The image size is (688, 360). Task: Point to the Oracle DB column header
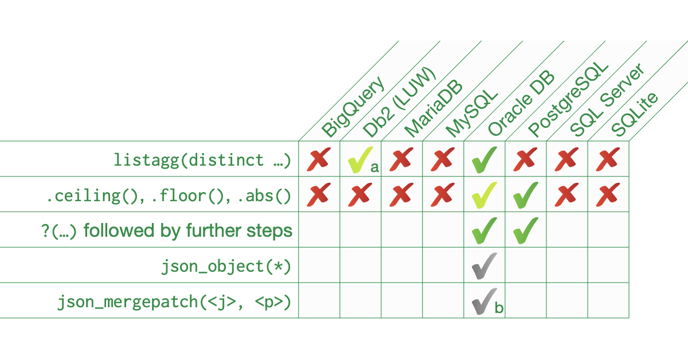(521, 103)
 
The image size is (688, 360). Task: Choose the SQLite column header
(635, 114)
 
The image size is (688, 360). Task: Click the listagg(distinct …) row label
(202, 160)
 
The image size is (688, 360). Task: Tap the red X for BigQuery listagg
(319, 159)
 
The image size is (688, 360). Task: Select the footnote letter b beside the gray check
(499, 308)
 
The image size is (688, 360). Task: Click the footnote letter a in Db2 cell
(374, 167)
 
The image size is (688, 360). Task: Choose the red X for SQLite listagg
(608, 159)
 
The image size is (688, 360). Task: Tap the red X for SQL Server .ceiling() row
(566, 195)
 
